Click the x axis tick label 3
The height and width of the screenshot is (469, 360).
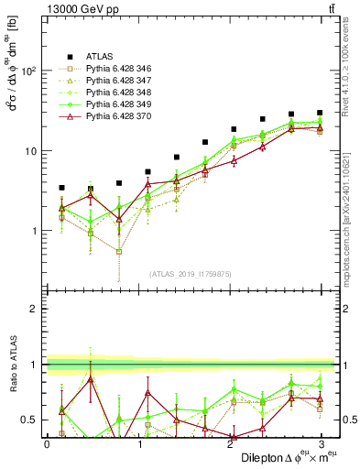pyautogui.click(x=321, y=443)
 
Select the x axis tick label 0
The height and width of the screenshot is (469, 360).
pyautogui.click(x=47, y=443)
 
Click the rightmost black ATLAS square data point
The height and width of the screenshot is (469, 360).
pyautogui.click(x=319, y=113)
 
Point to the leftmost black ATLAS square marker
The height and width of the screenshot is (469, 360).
pyautogui.click(x=61, y=187)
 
